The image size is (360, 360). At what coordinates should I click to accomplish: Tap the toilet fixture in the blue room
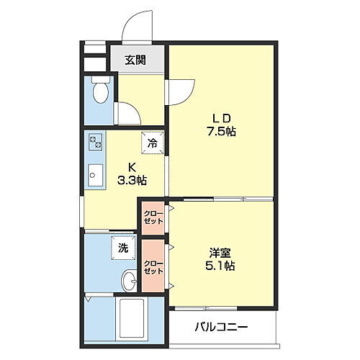(x=101, y=92)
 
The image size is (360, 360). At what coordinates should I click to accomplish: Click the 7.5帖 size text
(x=220, y=132)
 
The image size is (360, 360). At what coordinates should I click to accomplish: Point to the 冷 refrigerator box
(x=152, y=143)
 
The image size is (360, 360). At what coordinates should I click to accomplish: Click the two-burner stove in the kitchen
(x=96, y=142)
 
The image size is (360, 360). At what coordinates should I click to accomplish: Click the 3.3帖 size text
(x=132, y=180)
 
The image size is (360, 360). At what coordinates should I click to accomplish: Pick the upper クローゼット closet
(x=152, y=218)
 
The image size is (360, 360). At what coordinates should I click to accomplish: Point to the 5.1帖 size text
(x=220, y=266)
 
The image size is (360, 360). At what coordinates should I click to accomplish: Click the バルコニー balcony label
(x=221, y=328)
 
